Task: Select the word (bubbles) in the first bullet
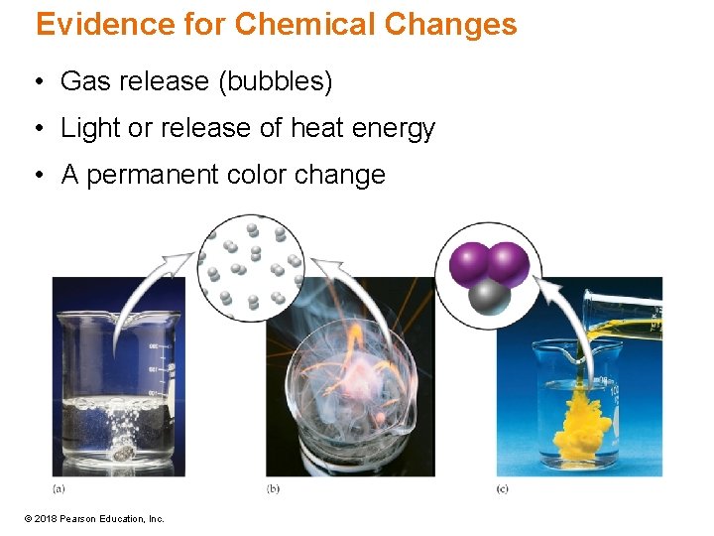pyautogui.click(x=275, y=81)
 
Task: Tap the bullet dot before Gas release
pyautogui.click(x=37, y=82)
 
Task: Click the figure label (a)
pyautogui.click(x=59, y=488)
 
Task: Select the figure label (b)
pyautogui.click(x=273, y=488)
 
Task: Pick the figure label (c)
pyautogui.click(x=503, y=488)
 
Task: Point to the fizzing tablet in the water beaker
pyautogui.click(x=125, y=453)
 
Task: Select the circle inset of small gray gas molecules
pyautogui.click(x=253, y=266)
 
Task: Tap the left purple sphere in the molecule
pyautogui.click(x=470, y=265)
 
